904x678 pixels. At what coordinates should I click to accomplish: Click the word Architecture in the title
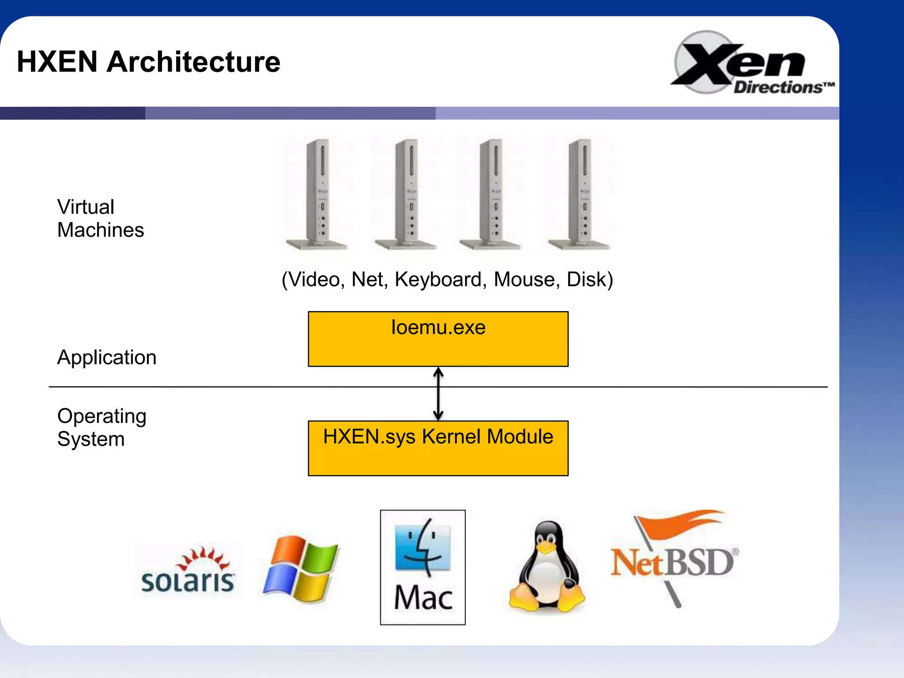click(193, 62)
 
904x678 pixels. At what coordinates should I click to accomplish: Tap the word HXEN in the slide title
click(57, 62)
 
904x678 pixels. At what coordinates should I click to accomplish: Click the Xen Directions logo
click(750, 63)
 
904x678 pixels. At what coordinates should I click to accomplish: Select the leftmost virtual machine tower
click(317, 194)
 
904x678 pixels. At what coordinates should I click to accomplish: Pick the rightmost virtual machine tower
click(580, 194)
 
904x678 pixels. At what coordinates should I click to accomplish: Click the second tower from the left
click(406, 194)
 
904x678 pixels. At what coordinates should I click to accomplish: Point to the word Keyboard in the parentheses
click(440, 279)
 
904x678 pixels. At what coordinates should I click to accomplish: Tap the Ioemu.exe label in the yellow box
click(438, 328)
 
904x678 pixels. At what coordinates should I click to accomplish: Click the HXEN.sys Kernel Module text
click(438, 437)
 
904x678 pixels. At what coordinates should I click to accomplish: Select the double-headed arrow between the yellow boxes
click(438, 394)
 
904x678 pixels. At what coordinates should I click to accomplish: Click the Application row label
click(107, 357)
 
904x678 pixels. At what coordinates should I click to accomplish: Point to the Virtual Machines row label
click(101, 218)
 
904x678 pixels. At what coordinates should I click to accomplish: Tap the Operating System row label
click(102, 427)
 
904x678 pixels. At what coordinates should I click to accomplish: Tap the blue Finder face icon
click(423, 547)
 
